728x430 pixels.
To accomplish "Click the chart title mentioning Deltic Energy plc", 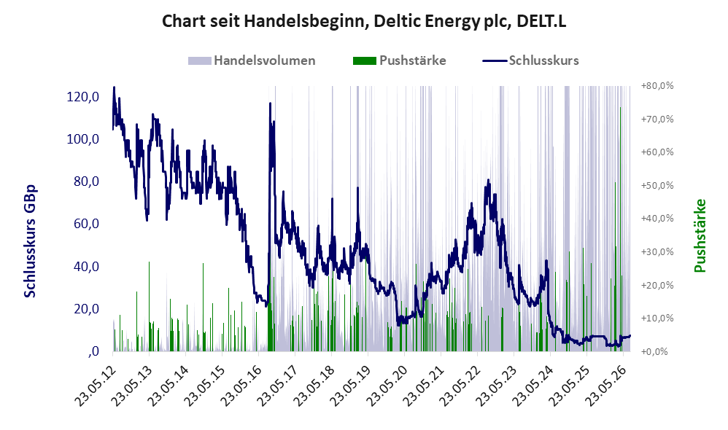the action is tap(364, 21).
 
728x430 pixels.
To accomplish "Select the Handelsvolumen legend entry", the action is tap(252, 60).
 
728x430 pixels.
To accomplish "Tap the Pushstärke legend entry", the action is tap(399, 60).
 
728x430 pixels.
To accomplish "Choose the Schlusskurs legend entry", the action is tap(530, 60).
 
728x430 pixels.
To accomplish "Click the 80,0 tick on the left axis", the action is tap(86, 181).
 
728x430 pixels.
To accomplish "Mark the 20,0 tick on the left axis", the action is tap(86, 308).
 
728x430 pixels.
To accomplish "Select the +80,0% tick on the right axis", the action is tap(657, 86).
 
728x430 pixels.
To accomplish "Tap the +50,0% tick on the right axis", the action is tap(657, 186).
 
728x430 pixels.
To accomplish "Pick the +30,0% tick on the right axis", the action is tap(657, 252).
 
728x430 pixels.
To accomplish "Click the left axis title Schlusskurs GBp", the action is tap(30, 241).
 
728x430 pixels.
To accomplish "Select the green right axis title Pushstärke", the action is tap(700, 235).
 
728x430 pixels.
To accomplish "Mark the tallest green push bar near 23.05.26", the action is tap(620, 230).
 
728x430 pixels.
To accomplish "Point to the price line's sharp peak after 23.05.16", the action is tap(270, 103).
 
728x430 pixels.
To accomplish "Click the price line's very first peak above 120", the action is tap(115, 87).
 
